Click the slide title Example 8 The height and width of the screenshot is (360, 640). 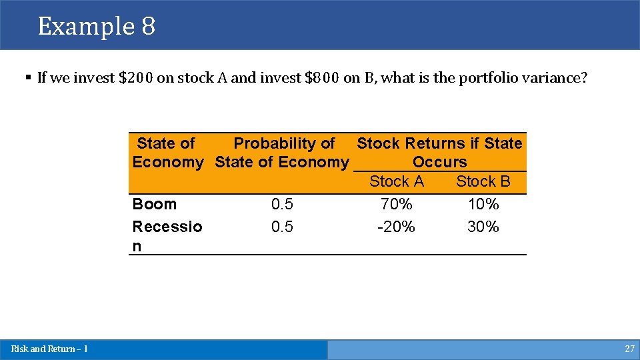(x=97, y=27)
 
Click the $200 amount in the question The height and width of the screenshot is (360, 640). (x=135, y=78)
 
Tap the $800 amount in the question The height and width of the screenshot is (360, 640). (x=322, y=78)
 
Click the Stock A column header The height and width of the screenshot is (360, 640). (x=397, y=181)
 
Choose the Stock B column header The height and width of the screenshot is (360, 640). (x=483, y=181)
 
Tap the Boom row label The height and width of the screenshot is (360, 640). (x=155, y=204)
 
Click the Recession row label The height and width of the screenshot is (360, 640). (x=167, y=227)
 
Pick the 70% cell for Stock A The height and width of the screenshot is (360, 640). (x=397, y=204)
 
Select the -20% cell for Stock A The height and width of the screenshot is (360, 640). (x=397, y=227)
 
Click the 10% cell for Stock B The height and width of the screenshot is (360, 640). (x=483, y=204)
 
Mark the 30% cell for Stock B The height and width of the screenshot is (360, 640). (x=483, y=227)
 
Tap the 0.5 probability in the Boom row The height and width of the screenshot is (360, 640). (x=282, y=204)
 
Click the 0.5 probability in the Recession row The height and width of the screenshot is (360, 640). (x=282, y=227)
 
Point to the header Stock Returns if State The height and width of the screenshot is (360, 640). (x=439, y=143)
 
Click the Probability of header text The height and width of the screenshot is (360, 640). (x=284, y=143)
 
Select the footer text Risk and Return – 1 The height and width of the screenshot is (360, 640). (x=49, y=349)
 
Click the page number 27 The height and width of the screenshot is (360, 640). (x=629, y=349)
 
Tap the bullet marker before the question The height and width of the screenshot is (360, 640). (x=28, y=78)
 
